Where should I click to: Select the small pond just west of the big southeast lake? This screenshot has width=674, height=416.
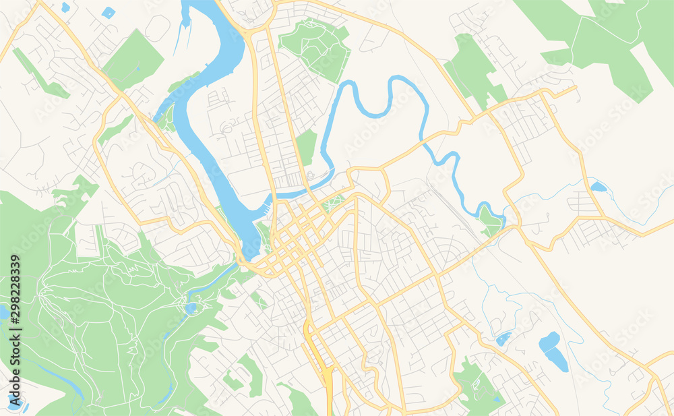tap(503, 339)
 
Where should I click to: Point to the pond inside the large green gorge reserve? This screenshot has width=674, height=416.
tap(191, 308)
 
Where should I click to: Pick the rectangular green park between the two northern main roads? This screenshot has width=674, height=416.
tap(306, 147)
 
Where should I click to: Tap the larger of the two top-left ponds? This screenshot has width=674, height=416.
tap(108, 12)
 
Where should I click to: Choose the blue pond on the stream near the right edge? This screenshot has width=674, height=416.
tap(597, 187)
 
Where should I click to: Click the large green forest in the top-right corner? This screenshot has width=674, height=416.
tap(607, 40)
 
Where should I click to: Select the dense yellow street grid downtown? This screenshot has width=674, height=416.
tap(297, 233)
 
